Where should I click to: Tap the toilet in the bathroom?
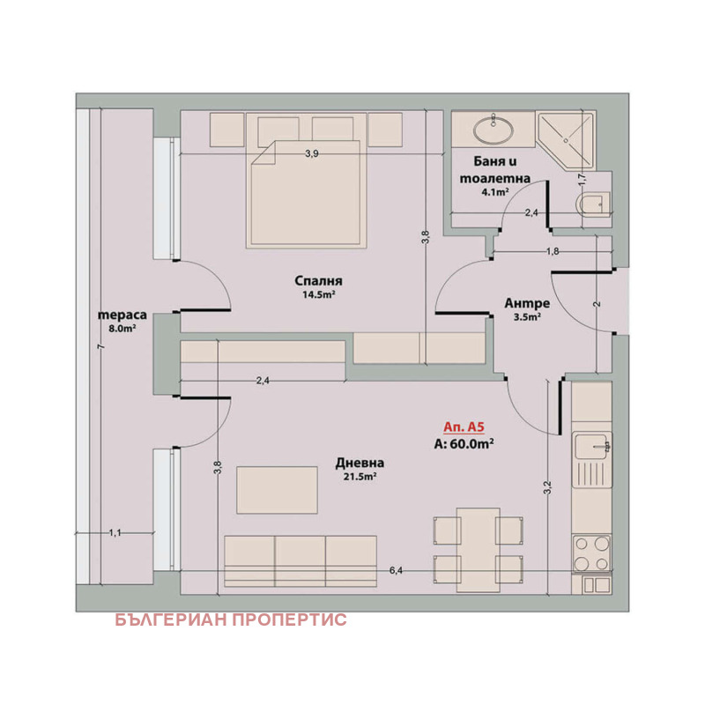593,205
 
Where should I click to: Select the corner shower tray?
566,141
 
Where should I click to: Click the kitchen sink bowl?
591,447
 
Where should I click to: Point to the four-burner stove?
591,553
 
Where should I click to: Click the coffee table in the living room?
277,490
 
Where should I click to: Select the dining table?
478,550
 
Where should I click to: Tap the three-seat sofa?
301,561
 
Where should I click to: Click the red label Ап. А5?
464,427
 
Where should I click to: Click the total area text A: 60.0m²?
464,444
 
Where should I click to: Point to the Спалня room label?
318,280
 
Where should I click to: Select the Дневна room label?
360,463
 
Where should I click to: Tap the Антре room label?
527,303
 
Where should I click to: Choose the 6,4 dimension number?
396,570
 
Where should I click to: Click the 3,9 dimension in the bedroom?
312,153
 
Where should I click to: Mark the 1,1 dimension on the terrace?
115,533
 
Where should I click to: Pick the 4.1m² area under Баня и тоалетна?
495,192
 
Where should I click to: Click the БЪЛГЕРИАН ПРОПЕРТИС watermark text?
231,620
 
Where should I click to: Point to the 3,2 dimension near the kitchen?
547,487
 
